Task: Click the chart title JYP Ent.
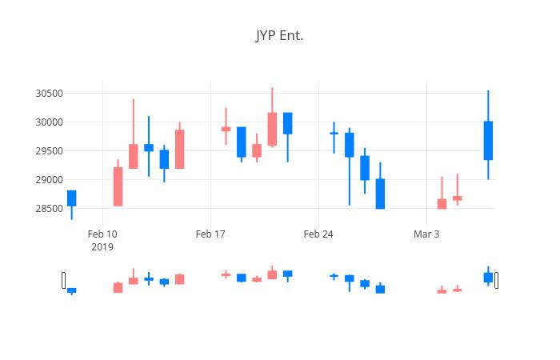click(279, 36)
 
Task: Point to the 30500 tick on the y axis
click(50, 94)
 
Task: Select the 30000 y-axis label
click(50, 122)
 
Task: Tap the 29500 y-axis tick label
click(50, 151)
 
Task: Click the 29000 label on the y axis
click(50, 180)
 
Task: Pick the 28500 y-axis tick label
click(50, 209)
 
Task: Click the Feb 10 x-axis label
click(102, 234)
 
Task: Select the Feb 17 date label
click(210, 234)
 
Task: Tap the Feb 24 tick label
click(318, 234)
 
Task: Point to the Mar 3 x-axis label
click(426, 234)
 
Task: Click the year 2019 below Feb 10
click(102, 247)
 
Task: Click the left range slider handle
click(63, 280)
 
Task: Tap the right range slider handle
click(497, 280)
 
